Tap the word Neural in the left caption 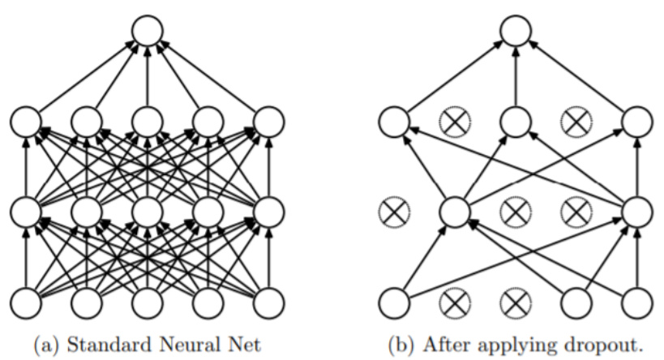coord(185,344)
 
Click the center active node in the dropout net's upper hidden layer coord(515,122)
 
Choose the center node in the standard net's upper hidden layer coord(148,122)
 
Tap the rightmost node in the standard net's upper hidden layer coord(270,122)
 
